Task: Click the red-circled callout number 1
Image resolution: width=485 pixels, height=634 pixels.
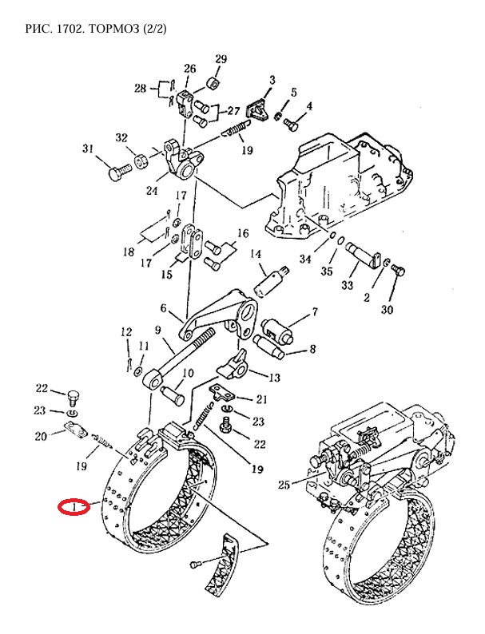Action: point(74,507)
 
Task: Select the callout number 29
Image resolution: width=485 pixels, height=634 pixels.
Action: point(221,59)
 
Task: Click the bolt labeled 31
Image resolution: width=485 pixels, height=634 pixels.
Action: point(119,172)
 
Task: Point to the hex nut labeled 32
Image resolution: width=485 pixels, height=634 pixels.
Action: point(141,162)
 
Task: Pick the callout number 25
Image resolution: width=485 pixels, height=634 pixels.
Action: point(284,484)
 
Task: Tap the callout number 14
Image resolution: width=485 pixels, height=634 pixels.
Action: point(256,255)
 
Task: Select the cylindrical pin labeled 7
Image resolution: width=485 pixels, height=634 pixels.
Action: point(279,330)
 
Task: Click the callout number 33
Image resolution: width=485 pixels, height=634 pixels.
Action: point(348,286)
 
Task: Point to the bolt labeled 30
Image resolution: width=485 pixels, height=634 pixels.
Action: point(399,271)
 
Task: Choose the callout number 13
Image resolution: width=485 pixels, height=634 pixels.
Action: point(274,378)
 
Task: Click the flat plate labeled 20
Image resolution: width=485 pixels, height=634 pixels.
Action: point(76,430)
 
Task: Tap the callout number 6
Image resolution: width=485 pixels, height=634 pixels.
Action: point(164,308)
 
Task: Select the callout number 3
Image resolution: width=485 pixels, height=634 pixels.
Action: point(272,80)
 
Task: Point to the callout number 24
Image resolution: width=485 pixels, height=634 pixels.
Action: point(152,190)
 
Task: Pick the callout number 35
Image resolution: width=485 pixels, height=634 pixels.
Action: point(327,271)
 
